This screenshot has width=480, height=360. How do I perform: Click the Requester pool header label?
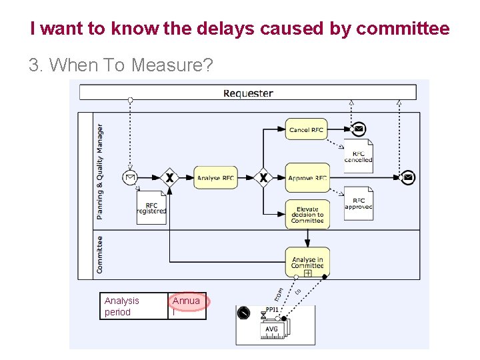248,93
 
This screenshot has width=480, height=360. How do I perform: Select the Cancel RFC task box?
307,130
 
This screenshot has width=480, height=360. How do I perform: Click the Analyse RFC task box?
215,178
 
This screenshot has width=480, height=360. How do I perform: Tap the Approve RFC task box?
307,178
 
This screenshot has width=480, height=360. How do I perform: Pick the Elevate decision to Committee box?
307,215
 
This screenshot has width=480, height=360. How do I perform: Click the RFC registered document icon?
151,208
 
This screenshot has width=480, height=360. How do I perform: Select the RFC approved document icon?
359,204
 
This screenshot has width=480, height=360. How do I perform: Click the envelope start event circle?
130,178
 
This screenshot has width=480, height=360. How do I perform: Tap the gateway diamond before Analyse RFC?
170,178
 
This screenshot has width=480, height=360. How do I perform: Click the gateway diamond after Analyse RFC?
263,178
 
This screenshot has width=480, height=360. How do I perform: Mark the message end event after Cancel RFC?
359,129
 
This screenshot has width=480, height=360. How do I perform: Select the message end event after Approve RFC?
408,178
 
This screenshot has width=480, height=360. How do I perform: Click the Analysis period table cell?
134,306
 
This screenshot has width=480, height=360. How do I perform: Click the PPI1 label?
272,310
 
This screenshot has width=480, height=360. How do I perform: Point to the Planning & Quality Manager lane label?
100,171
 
